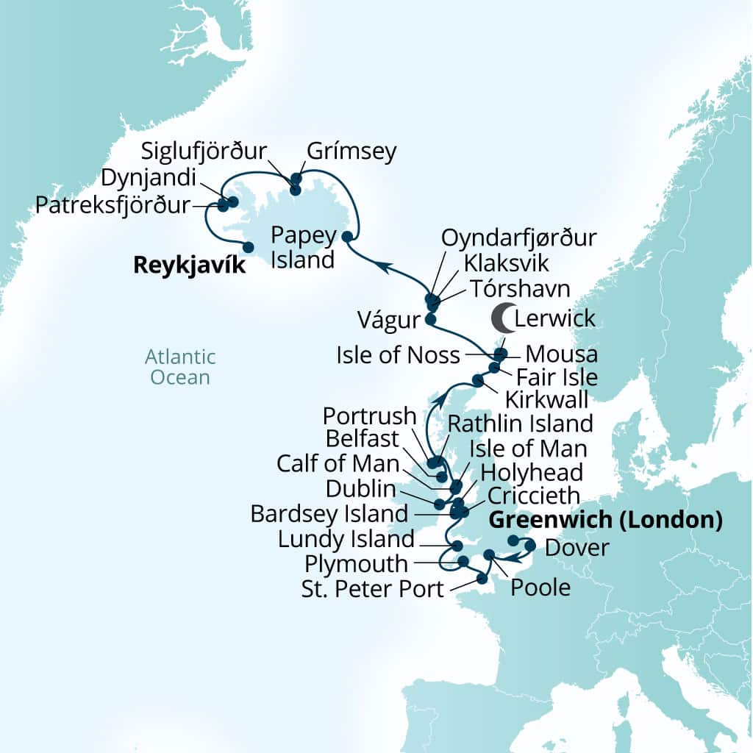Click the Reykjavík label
click(189, 265)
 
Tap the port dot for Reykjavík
click(249, 247)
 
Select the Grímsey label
click(351, 151)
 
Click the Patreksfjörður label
click(112, 204)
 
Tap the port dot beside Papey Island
click(346, 237)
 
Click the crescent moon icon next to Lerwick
click(503, 318)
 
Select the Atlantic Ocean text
click(180, 367)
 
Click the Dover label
click(577, 548)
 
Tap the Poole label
click(540, 588)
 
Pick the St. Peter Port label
click(373, 588)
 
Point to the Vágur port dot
click(430, 320)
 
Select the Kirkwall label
click(546, 400)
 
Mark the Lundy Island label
click(346, 539)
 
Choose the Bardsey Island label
click(329, 513)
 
